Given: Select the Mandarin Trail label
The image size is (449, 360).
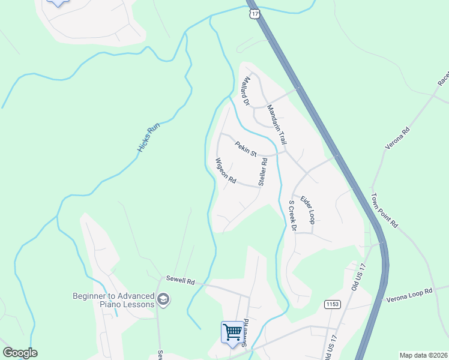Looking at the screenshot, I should point(276,124).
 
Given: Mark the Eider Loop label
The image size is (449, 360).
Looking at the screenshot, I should point(308,209).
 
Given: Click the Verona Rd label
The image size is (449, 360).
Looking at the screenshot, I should point(397,138).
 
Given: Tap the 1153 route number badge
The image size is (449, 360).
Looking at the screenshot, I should point(332,304).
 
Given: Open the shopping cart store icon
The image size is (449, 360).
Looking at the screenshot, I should point(232,331).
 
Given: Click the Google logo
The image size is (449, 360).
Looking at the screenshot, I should point(20,352).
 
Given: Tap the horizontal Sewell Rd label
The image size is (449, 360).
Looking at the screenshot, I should point(182,281).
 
